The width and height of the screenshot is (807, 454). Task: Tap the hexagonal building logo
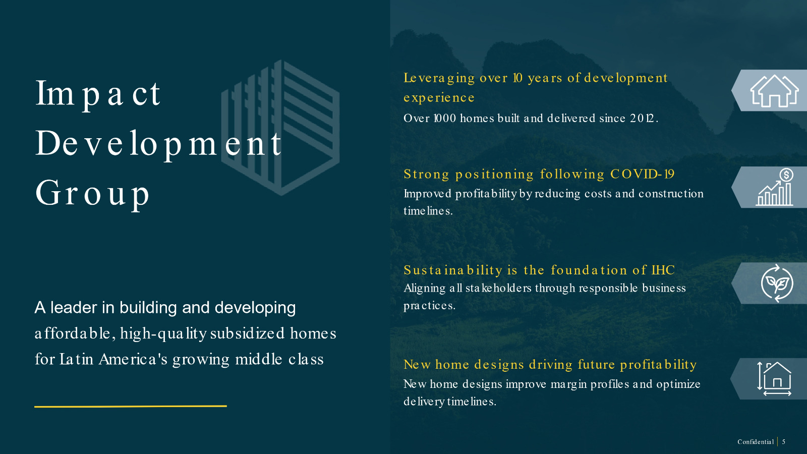tap(280, 128)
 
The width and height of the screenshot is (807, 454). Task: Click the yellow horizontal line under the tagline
tap(131, 406)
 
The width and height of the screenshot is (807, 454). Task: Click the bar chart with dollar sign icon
tap(775, 187)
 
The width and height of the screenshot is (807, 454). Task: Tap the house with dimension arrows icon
tap(775, 379)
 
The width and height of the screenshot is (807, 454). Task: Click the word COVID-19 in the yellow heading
tap(642, 174)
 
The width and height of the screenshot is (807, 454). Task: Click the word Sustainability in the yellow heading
tap(453, 270)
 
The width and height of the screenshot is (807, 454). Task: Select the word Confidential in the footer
tap(756, 442)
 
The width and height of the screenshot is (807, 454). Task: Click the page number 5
tap(784, 442)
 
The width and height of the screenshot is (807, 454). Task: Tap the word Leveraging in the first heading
tap(439, 78)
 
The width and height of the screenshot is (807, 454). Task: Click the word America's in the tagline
tap(133, 359)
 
